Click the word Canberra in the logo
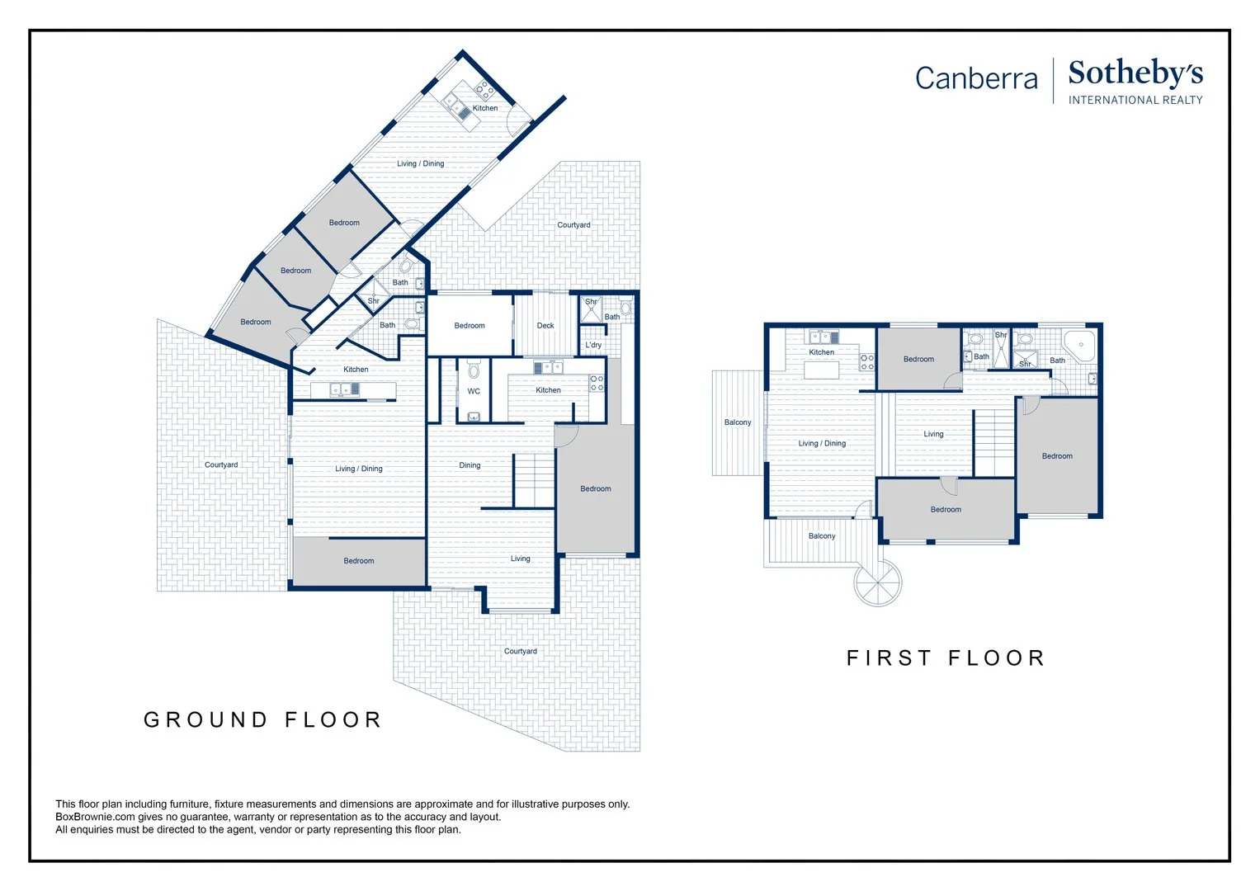click(x=976, y=78)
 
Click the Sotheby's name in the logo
click(x=1135, y=73)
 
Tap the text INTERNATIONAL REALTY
click(x=1135, y=100)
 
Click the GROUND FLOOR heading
click(x=262, y=720)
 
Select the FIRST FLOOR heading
click(x=946, y=658)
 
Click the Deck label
click(x=545, y=326)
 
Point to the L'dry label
click(x=593, y=345)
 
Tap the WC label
click(x=474, y=392)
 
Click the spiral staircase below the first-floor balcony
click(x=877, y=582)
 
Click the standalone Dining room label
click(x=470, y=465)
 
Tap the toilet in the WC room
click(x=474, y=368)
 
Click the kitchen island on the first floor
click(x=821, y=370)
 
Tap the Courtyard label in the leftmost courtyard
click(x=221, y=464)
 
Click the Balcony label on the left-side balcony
click(x=738, y=422)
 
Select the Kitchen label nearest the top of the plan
click(x=485, y=108)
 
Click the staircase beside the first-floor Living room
click(x=994, y=443)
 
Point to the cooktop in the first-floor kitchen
click(x=866, y=361)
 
